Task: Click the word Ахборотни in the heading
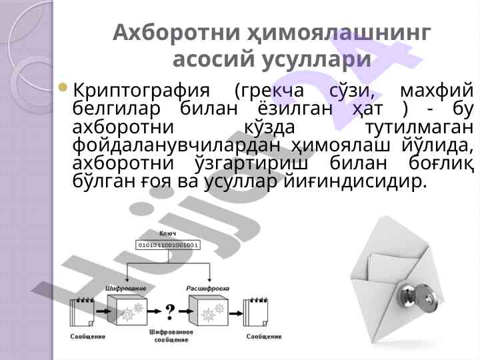pos(176,33)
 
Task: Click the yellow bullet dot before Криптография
pos(63,87)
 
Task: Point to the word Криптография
pos(141,91)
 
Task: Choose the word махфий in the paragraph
pos(437,91)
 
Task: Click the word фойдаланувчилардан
pos(176,145)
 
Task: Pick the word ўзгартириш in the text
pos(251,164)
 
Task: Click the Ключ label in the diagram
pos(168,233)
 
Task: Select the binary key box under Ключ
pos(168,245)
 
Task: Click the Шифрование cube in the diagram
pos(127,310)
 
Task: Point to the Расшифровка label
pos(208,289)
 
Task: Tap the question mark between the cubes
pos(170,311)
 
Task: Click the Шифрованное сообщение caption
pos(171,336)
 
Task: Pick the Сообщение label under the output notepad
pos(264,337)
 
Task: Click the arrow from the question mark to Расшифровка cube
pos(187,311)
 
